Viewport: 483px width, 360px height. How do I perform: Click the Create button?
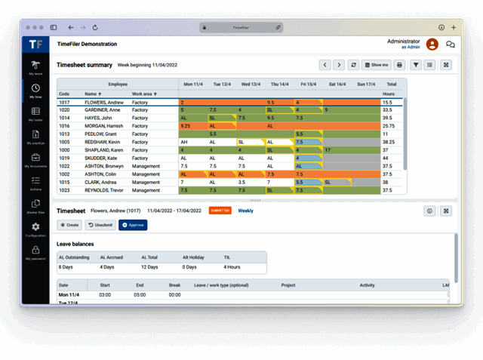pyautogui.click(x=69, y=225)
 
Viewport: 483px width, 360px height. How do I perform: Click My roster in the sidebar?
pyautogui.click(x=35, y=115)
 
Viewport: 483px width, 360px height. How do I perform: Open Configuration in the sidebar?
pyautogui.click(x=35, y=229)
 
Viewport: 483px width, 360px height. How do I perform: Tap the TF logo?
pyautogui.click(x=35, y=44)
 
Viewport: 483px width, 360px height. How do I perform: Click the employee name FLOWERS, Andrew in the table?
pyautogui.click(x=105, y=102)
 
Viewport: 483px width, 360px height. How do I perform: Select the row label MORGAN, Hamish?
pyautogui.click(x=104, y=125)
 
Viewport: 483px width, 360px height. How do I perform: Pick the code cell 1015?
pyautogui.click(x=65, y=182)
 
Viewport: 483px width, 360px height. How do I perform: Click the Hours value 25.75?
pyautogui.click(x=388, y=125)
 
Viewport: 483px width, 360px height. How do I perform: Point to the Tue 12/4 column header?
pyautogui.click(x=222, y=84)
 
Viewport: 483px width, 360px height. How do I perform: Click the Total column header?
pyautogui.click(x=391, y=84)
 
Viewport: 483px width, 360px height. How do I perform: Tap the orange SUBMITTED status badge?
pyautogui.click(x=220, y=211)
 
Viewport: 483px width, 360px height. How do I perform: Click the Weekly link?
pyautogui.click(x=246, y=211)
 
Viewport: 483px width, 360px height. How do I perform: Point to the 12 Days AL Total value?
pyautogui.click(x=149, y=266)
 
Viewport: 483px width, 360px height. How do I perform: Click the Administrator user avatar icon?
pyautogui.click(x=432, y=45)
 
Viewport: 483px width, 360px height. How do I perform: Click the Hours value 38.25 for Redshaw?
pyautogui.click(x=388, y=142)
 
